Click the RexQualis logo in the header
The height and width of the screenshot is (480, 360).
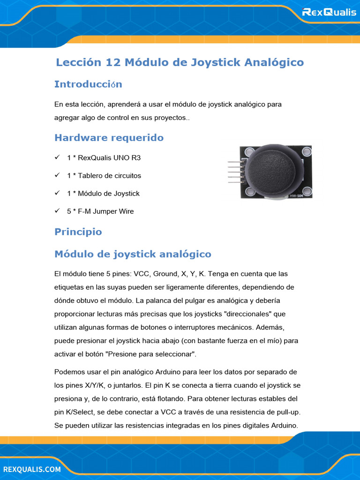329,12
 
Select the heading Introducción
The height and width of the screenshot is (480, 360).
88,84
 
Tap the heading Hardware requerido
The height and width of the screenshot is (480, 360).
109,138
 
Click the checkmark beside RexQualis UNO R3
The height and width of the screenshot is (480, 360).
57,157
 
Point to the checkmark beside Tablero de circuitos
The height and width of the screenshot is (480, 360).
57,175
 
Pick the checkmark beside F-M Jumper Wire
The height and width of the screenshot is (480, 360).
57,211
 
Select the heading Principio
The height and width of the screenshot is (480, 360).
78,232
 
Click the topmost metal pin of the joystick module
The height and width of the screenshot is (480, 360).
234,162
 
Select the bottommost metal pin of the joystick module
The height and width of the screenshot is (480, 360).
234,182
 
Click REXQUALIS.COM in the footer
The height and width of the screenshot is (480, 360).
32,469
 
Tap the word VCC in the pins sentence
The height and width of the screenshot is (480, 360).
141,274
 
